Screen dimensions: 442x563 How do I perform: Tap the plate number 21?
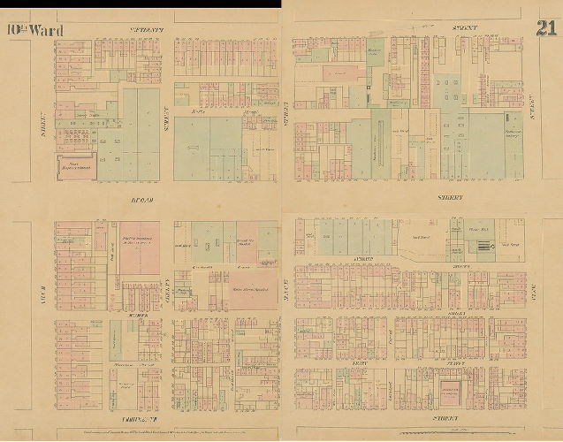point(544,27)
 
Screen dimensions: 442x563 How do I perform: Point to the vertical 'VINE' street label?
point(42,284)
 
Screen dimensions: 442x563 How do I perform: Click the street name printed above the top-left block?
point(148,30)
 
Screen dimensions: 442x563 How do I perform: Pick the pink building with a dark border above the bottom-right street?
point(459,391)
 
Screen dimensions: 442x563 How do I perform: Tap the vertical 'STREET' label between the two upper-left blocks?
point(166,110)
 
